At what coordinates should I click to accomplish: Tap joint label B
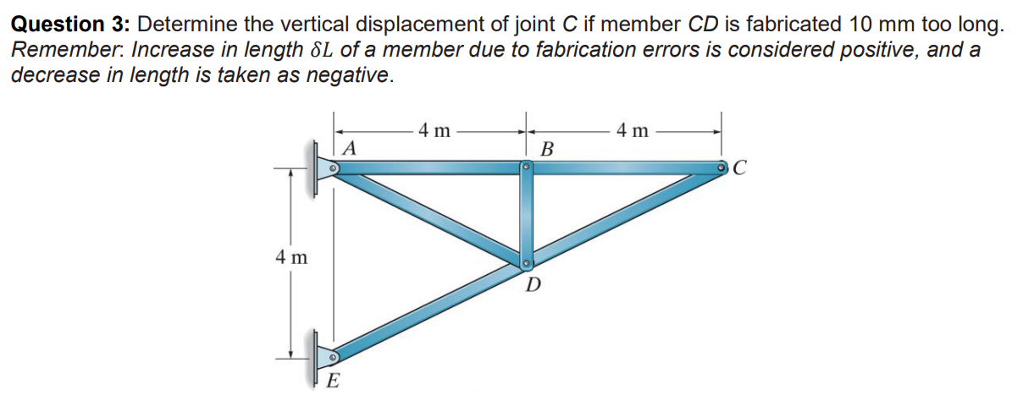click(x=547, y=151)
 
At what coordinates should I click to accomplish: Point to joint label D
click(x=533, y=285)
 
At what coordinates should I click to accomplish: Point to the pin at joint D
click(x=526, y=262)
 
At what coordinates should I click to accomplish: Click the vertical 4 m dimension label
click(x=290, y=256)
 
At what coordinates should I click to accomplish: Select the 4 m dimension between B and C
click(x=633, y=130)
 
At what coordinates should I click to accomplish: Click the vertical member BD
click(x=526, y=216)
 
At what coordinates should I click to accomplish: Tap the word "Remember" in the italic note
click(x=55, y=49)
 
